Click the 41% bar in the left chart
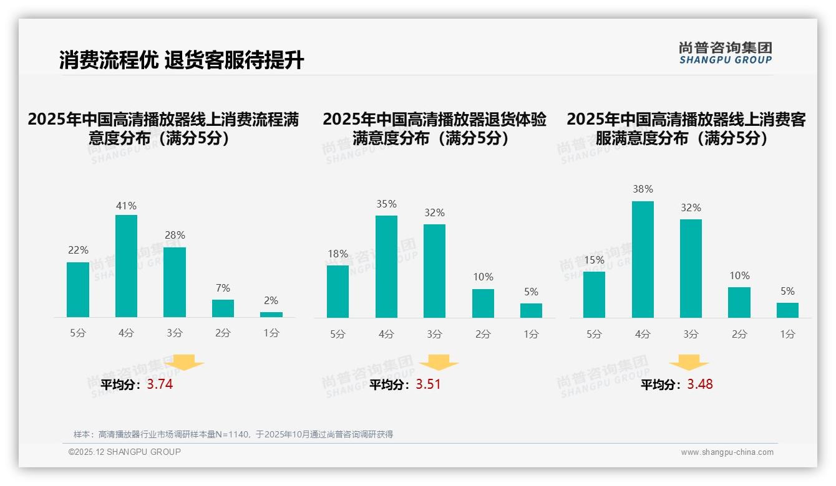click(x=127, y=266)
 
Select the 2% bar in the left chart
click(x=271, y=315)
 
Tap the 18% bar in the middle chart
click(x=338, y=292)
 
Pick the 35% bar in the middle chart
click(x=386, y=267)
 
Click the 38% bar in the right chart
click(x=643, y=259)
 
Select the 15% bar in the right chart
click(x=594, y=295)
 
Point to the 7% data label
click(x=223, y=288)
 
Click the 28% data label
click(x=175, y=236)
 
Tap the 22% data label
click(x=78, y=250)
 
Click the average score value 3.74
click(x=160, y=384)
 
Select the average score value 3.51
click(x=428, y=384)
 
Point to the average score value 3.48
click(x=700, y=384)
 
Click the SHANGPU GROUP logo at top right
click(x=726, y=53)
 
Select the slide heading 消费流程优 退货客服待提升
click(x=182, y=60)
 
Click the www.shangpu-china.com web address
click(x=727, y=452)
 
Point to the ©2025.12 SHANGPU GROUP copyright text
click(x=125, y=452)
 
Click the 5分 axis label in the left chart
click(x=78, y=333)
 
